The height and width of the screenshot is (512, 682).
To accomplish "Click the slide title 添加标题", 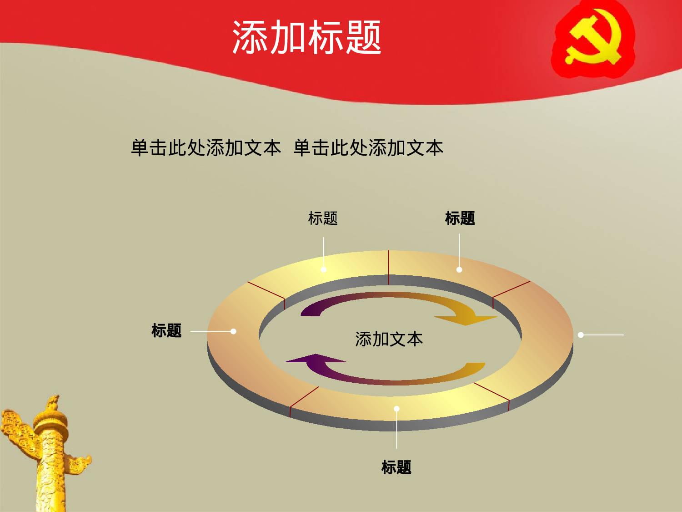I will coord(306,37).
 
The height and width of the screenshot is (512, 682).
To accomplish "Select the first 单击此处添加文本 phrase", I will coord(206,148).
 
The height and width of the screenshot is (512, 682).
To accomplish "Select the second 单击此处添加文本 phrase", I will coord(368,148).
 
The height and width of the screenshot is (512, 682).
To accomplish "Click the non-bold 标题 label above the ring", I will coord(323,218).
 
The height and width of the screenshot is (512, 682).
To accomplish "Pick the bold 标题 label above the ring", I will coord(460,218).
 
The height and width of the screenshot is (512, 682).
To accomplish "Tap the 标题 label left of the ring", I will coord(166,330).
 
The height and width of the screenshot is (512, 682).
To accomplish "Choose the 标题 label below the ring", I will coord(396,467).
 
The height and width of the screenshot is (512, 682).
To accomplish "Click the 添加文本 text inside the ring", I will coord(389,339).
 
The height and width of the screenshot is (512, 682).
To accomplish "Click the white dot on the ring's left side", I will coord(233,331).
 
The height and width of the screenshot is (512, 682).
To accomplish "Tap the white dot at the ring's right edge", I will coord(581,335).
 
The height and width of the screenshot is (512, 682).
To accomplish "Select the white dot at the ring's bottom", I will coord(396,409).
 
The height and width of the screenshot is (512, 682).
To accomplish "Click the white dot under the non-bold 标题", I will coord(324,269).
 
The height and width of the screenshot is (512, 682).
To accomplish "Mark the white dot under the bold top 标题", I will coord(459,270).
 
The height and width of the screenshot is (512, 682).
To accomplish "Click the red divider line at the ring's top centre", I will coord(389,268).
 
